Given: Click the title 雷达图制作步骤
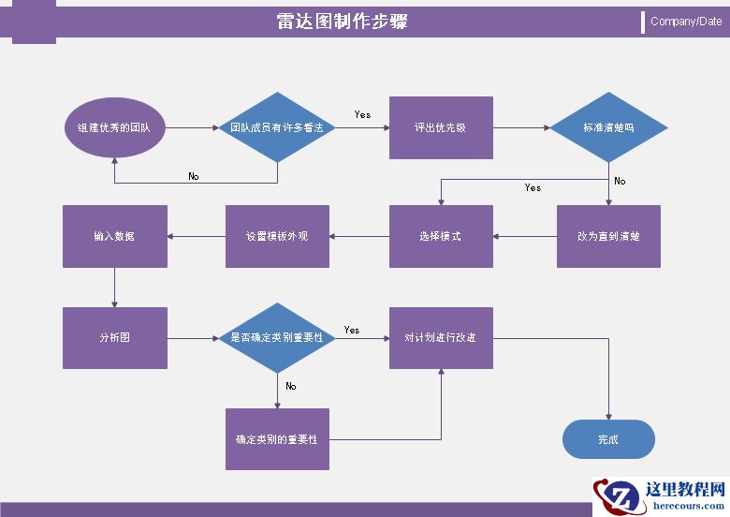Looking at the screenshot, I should coord(343,22).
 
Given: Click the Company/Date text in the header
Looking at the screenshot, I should coord(685,22).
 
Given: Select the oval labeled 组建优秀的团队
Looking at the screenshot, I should coord(114,127).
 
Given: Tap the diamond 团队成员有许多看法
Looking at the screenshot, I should coord(277,127).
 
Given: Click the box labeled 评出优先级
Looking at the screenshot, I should coord(441,127).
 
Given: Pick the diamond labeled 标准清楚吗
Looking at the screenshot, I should coord(608,127).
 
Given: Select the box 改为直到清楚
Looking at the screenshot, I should coord(608,236).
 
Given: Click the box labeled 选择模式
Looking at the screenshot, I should coord(441,236).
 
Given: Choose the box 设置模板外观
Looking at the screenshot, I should coord(277,236).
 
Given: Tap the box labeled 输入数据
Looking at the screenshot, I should coord(114,236).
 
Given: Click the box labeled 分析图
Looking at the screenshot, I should coord(114,337).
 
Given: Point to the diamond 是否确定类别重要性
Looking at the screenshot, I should coord(277,337).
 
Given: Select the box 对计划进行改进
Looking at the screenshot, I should coord(441,337).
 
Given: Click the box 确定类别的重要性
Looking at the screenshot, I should coord(277,438).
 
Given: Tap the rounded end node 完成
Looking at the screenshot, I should coord(608,438).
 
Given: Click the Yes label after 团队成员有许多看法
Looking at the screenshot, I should coord(362,114).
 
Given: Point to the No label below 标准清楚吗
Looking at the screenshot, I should coord(620,181).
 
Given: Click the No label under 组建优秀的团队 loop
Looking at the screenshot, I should coord(194,176).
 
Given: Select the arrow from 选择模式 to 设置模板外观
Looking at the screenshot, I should coord(359,236).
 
